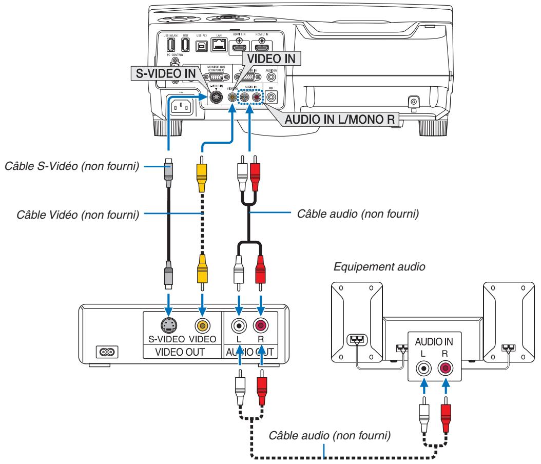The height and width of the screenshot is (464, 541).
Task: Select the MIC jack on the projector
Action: (270, 95)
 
